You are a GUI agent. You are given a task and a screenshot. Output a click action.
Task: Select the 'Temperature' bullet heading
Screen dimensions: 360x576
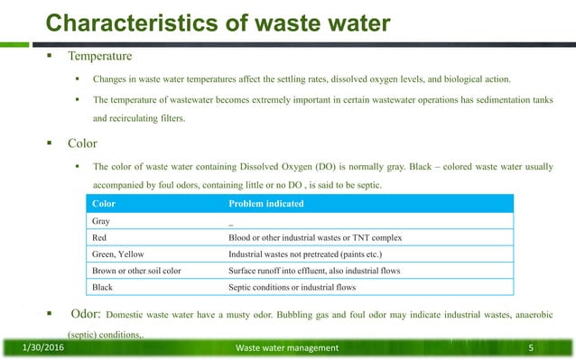pyautogui.click(x=100, y=56)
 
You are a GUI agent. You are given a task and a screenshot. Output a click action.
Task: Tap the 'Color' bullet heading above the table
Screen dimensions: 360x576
pyautogui.click(x=84, y=143)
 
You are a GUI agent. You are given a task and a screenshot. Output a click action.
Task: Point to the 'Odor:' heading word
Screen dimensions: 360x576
pyautogui.click(x=86, y=315)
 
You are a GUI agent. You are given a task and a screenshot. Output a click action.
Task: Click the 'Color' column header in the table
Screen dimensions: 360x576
pyautogui.click(x=105, y=204)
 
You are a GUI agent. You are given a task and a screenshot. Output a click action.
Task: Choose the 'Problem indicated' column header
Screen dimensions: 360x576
pyautogui.click(x=266, y=204)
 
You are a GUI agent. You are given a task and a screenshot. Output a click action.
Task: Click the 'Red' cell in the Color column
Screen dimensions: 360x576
pyautogui.click(x=100, y=237)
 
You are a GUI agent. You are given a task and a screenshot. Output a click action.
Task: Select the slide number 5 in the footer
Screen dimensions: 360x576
pyautogui.click(x=532, y=347)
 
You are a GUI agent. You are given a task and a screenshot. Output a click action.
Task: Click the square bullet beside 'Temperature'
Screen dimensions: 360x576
pyautogui.click(x=52, y=56)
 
